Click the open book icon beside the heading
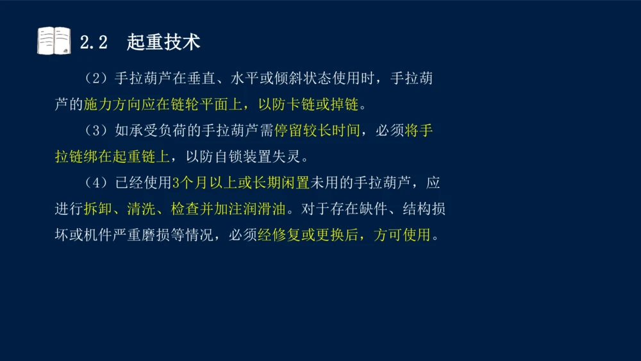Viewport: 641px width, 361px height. (54, 41)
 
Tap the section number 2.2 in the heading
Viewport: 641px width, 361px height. (93, 42)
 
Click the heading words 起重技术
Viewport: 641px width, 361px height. (163, 42)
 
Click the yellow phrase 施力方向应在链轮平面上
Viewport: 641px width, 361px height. (166, 104)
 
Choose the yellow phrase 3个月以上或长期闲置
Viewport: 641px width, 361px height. (241, 183)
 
